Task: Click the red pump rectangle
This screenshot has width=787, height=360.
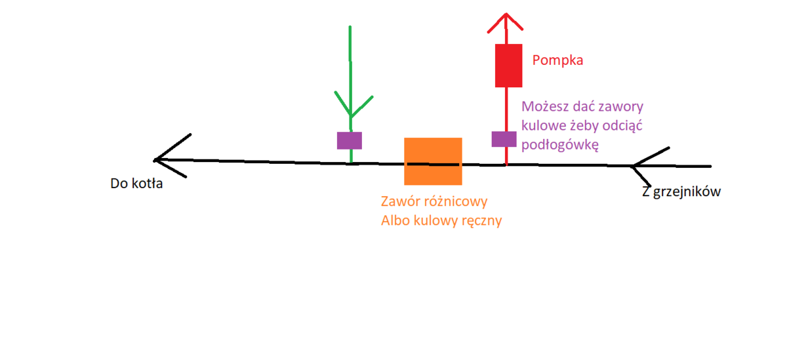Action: (x=508, y=66)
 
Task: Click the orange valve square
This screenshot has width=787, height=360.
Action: (x=433, y=161)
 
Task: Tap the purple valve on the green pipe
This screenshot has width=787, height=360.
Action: (x=350, y=140)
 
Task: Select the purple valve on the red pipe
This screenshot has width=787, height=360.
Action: (x=504, y=139)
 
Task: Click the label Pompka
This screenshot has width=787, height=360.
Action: (x=557, y=61)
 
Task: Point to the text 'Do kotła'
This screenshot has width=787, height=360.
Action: (x=136, y=184)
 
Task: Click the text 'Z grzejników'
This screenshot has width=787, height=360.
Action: (x=681, y=192)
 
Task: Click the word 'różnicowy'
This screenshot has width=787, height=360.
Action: (x=457, y=201)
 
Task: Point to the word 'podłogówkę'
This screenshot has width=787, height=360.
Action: (x=560, y=145)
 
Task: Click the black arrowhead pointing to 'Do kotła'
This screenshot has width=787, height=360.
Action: (x=167, y=157)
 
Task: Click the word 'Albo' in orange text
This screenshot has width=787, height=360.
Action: (x=395, y=221)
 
